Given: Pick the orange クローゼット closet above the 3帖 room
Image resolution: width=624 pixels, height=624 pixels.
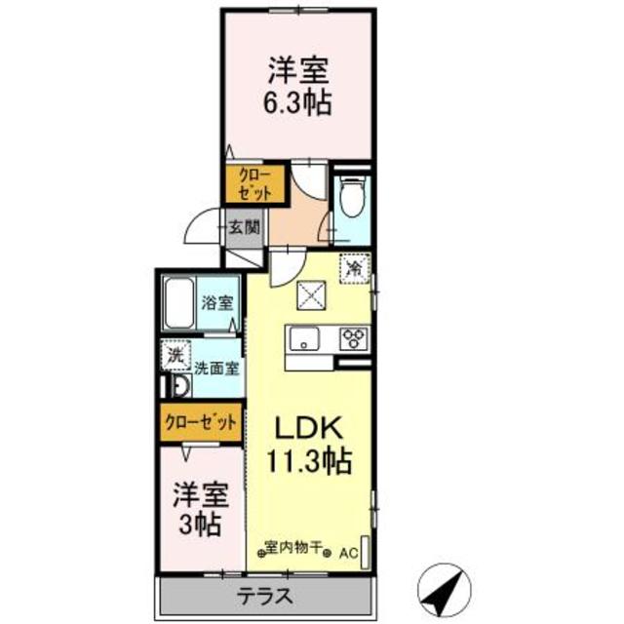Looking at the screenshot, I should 201,423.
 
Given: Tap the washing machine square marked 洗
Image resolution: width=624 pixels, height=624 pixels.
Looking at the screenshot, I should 175,356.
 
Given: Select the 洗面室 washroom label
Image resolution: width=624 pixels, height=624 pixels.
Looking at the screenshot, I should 217,369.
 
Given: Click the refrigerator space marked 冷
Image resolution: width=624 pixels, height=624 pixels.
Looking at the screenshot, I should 354,265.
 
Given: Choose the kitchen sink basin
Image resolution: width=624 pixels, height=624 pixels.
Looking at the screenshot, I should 303,339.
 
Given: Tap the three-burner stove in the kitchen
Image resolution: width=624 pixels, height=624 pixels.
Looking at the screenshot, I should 352,338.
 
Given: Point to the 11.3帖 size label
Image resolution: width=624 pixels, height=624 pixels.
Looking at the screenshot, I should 311,458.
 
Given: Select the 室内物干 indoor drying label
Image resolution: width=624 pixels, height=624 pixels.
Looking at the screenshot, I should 295,548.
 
